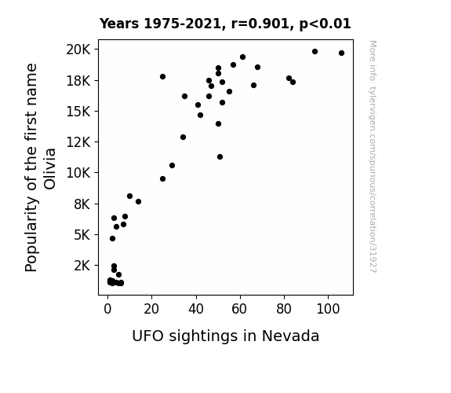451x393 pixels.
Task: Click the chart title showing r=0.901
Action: click(x=225, y=24)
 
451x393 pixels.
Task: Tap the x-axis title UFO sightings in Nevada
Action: click(x=226, y=336)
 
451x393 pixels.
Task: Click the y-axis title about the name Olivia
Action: click(x=40, y=167)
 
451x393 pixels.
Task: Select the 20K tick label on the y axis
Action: click(x=78, y=50)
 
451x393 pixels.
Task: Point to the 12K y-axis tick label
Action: click(x=78, y=142)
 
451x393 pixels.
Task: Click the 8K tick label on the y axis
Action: click(x=82, y=204)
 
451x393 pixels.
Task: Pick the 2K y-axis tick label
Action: click(x=82, y=266)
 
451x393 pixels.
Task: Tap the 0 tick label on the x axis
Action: click(x=107, y=309)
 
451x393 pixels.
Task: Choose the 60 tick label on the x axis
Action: click(x=239, y=309)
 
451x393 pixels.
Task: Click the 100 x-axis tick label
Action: click(x=328, y=309)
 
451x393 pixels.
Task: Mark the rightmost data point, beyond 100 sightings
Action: click(x=341, y=53)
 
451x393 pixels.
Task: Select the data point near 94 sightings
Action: click(x=315, y=52)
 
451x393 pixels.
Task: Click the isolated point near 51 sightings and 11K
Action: click(x=220, y=157)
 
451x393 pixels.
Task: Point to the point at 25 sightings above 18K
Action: click(x=162, y=77)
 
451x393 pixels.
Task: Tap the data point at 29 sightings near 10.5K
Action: click(x=172, y=166)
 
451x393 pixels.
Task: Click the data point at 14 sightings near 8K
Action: click(x=138, y=201)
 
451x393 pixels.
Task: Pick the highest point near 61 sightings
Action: click(x=243, y=57)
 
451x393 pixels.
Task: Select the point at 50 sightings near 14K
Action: click(x=218, y=124)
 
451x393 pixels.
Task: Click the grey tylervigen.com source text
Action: click(x=373, y=156)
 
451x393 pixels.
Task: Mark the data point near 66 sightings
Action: click(x=253, y=86)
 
